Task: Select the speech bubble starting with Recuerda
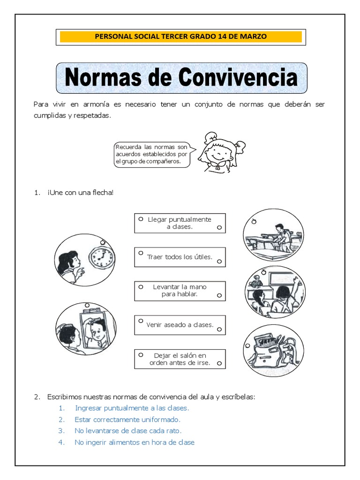(x=151, y=155)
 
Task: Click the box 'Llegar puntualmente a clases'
(x=180, y=223)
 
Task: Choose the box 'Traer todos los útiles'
(x=180, y=257)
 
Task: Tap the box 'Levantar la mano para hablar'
(x=180, y=291)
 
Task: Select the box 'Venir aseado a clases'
(x=180, y=325)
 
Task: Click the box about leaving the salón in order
(x=180, y=359)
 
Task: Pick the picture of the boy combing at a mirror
(x=85, y=328)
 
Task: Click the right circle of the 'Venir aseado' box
(x=219, y=330)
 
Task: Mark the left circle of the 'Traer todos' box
(x=140, y=253)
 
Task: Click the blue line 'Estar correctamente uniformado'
(x=127, y=420)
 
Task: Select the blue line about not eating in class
(x=134, y=442)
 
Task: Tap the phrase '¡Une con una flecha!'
(x=80, y=193)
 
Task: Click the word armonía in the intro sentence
(x=97, y=104)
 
